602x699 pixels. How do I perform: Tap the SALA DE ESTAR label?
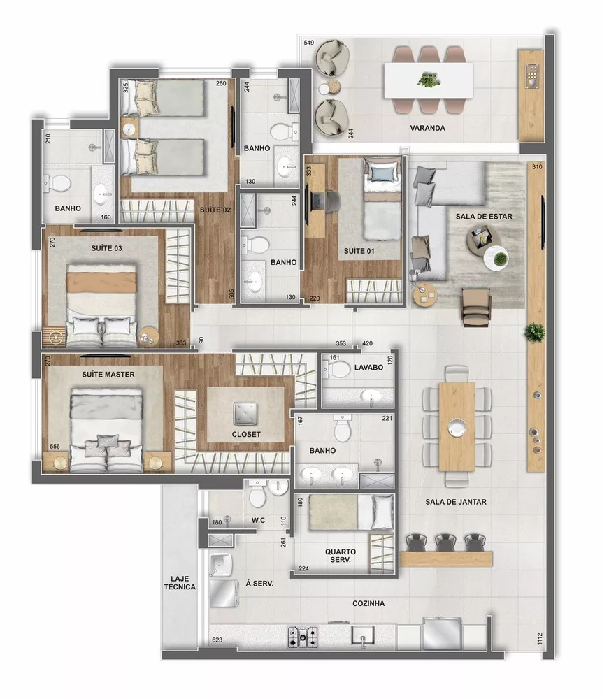(484, 217)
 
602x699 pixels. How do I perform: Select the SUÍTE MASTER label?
(108, 374)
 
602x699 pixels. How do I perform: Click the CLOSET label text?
(246, 434)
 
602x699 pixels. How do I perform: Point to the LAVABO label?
(368, 366)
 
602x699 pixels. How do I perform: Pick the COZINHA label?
(368, 603)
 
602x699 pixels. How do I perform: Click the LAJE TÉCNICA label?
(179, 582)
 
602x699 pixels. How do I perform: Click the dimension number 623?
(217, 640)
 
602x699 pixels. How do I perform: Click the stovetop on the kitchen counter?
(302, 636)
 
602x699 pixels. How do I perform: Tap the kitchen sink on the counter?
(362, 637)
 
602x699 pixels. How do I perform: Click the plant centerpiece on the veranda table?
(427, 79)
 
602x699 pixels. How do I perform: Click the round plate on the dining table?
(457, 425)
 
